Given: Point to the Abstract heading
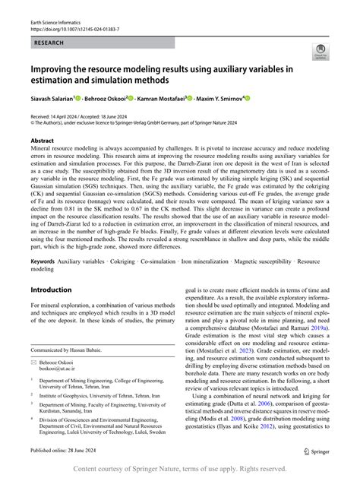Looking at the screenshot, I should pyautogui.click(x=42, y=141).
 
